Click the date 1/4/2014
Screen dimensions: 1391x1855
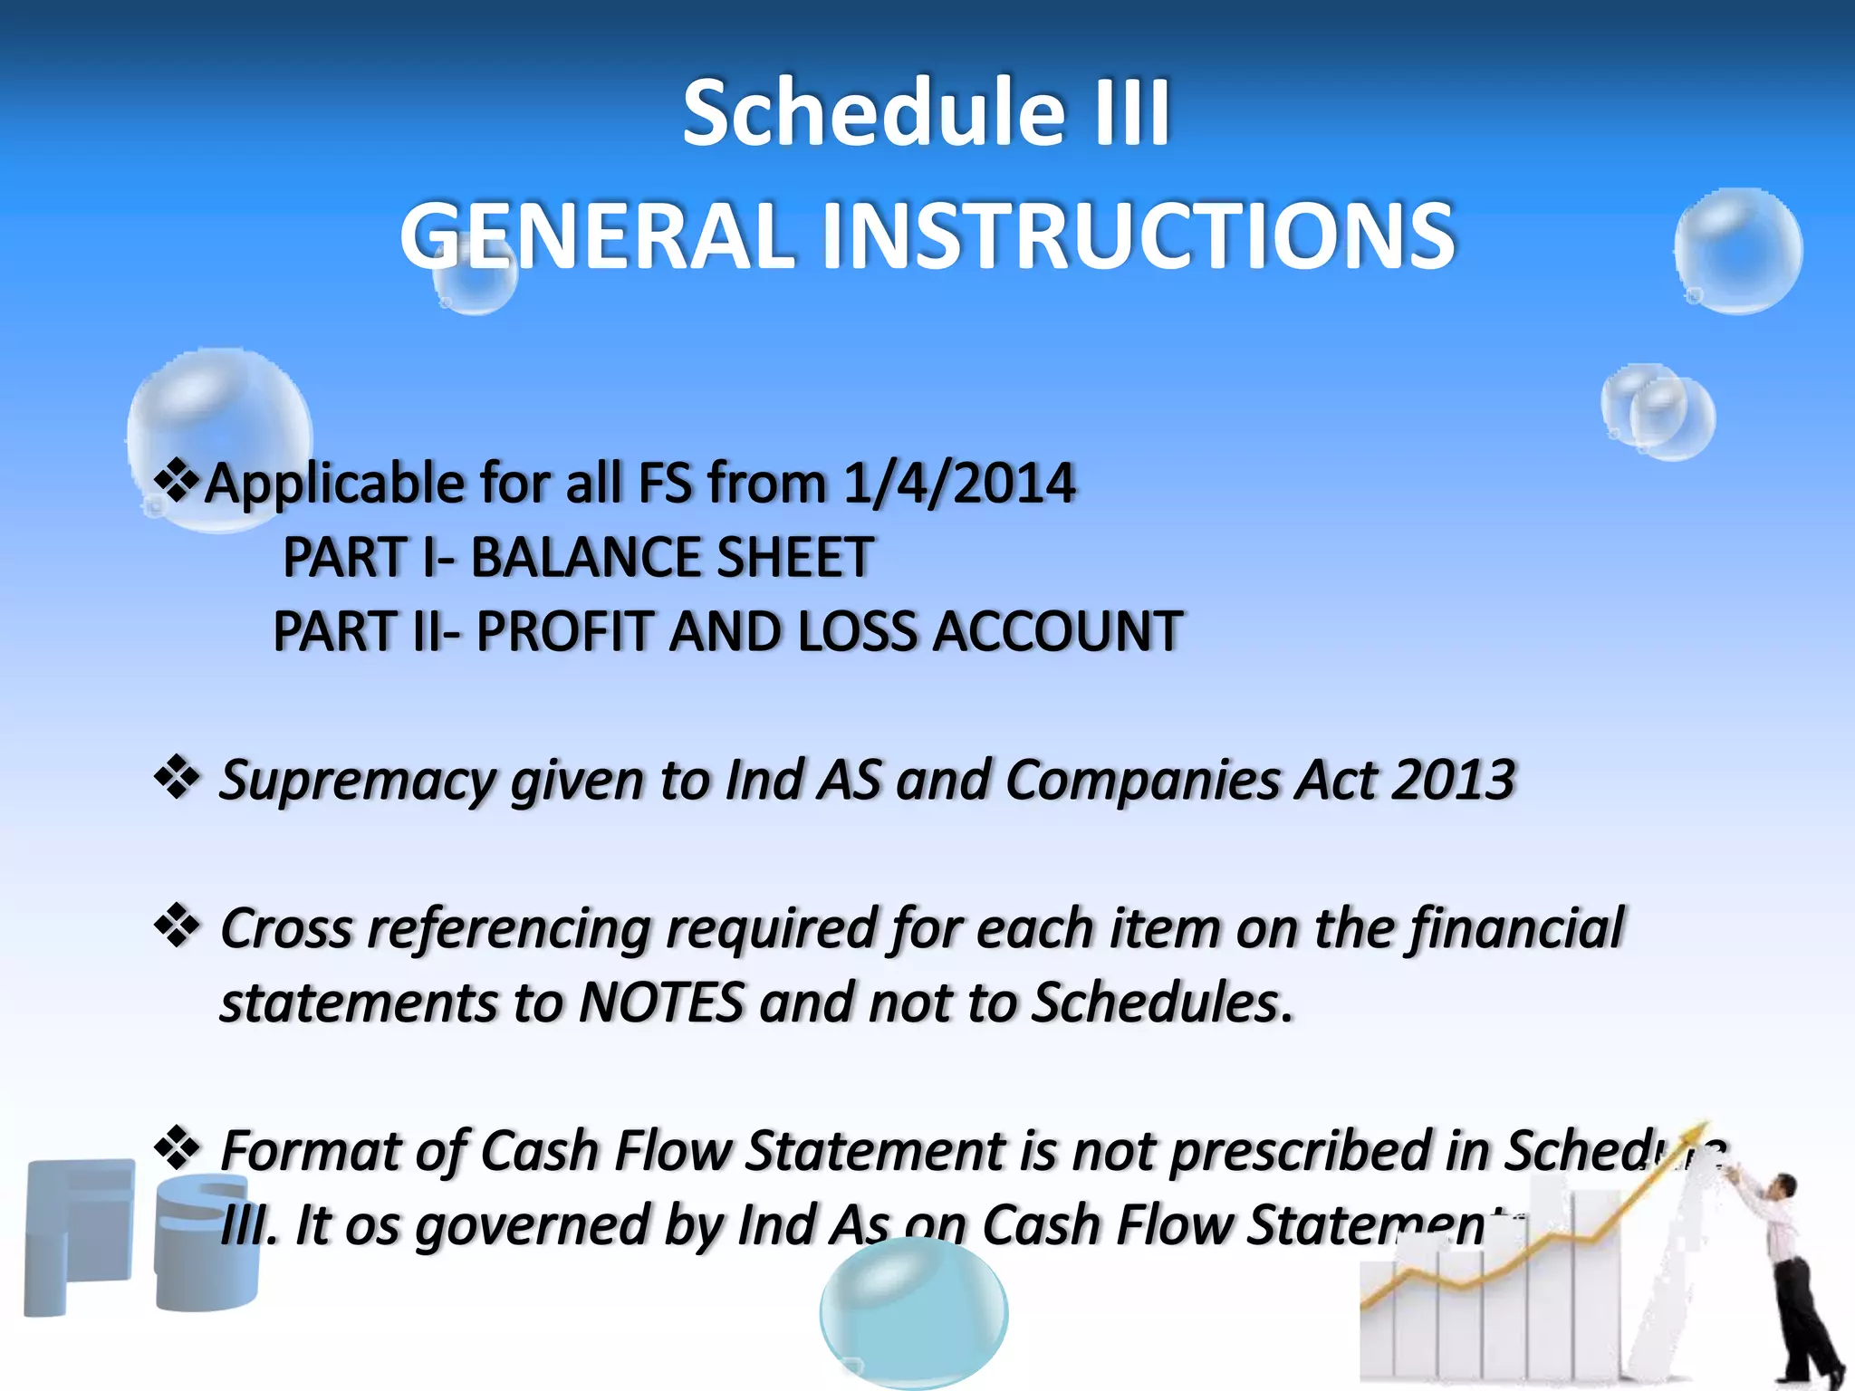pos(959,482)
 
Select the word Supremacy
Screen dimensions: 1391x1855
pos(357,780)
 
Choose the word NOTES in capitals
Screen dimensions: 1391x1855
pos(661,1002)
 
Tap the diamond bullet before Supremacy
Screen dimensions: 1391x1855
pos(178,778)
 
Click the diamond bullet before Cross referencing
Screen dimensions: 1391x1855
pos(178,926)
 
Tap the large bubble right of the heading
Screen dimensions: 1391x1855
pos(1738,251)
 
